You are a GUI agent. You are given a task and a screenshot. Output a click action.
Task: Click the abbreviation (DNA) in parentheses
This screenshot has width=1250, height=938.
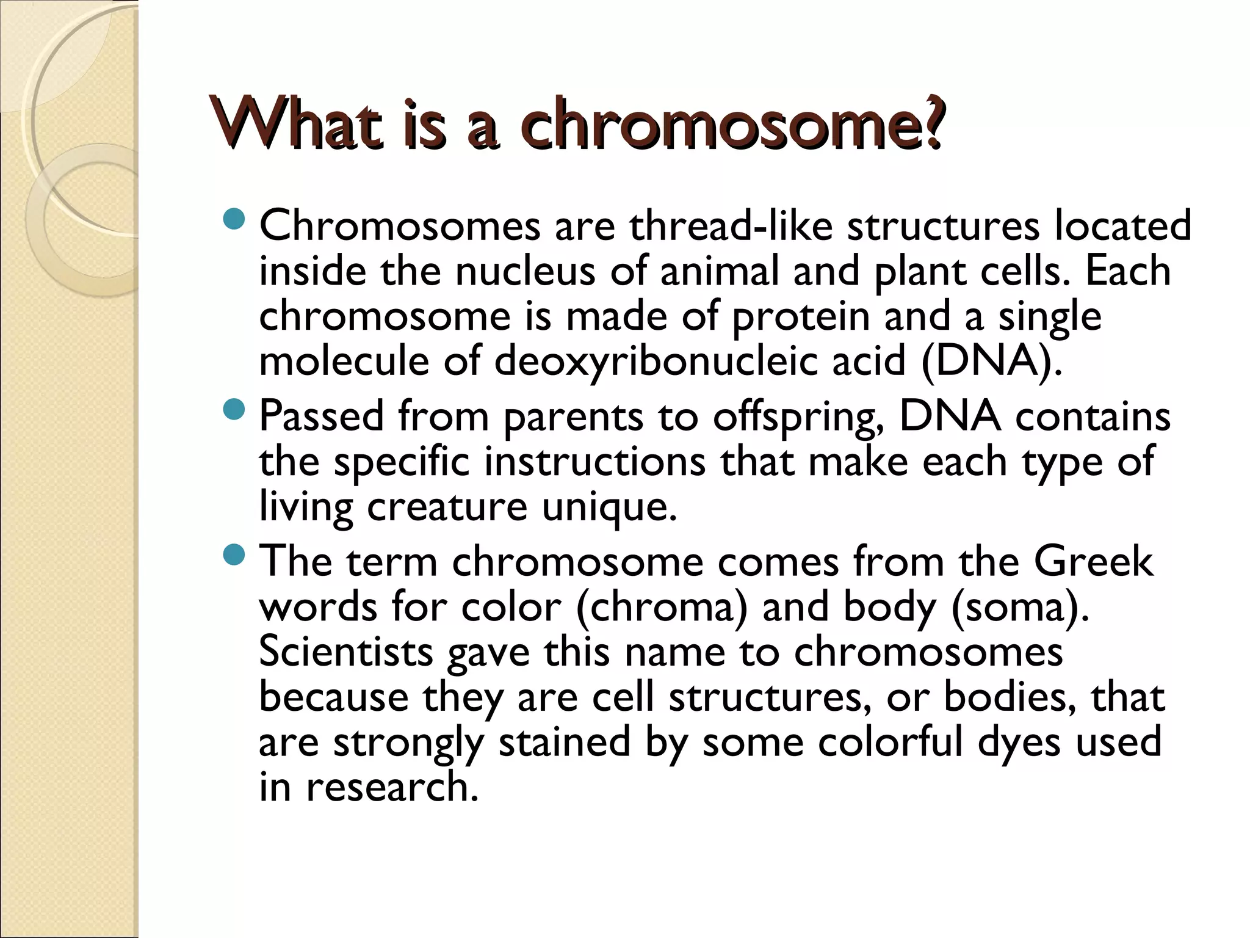click(x=992, y=362)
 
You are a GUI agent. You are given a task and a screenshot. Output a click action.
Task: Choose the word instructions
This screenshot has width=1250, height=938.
click(x=594, y=462)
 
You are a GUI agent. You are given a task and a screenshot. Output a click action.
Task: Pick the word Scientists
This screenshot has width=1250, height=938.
click(x=345, y=652)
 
